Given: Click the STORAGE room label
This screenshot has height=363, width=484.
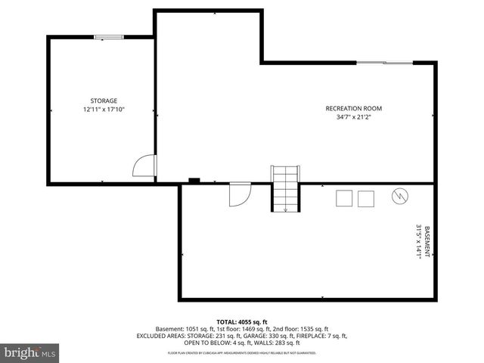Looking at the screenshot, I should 104,101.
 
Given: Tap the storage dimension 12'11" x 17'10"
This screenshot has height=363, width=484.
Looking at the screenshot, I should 104,110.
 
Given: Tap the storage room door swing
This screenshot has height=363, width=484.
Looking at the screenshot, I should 144,166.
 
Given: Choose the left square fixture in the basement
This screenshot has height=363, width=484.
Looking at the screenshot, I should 344,198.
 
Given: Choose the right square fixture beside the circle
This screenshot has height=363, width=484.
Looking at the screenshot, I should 366,198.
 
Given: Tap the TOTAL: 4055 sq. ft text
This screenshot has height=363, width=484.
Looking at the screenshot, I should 242,321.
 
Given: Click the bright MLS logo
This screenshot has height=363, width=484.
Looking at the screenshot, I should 30,352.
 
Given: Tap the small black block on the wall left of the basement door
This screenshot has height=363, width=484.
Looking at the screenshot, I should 194,181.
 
